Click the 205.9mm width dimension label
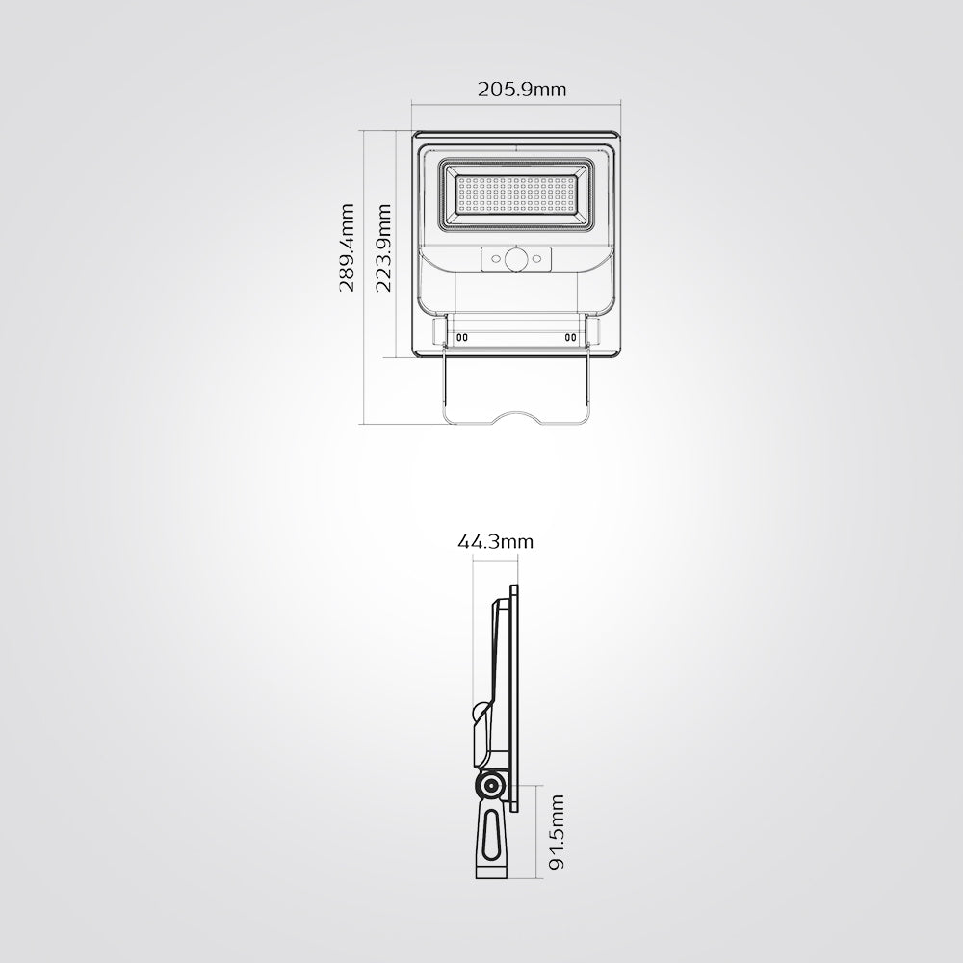click(x=522, y=90)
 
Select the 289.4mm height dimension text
click(x=347, y=248)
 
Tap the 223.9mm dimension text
click(x=383, y=248)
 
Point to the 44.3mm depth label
click(x=496, y=541)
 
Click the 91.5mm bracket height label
click(x=556, y=832)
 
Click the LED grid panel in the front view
click(x=516, y=195)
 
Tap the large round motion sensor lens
click(x=516, y=259)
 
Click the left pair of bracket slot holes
click(x=462, y=337)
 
